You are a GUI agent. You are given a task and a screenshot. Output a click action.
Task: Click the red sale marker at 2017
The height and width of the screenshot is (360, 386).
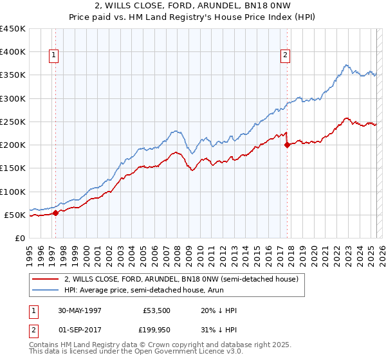pos(287,145)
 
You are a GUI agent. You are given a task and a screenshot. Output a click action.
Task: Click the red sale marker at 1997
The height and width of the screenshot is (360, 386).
pos(55,213)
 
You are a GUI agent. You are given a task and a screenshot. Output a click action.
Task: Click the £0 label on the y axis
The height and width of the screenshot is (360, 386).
pos(21,238)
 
